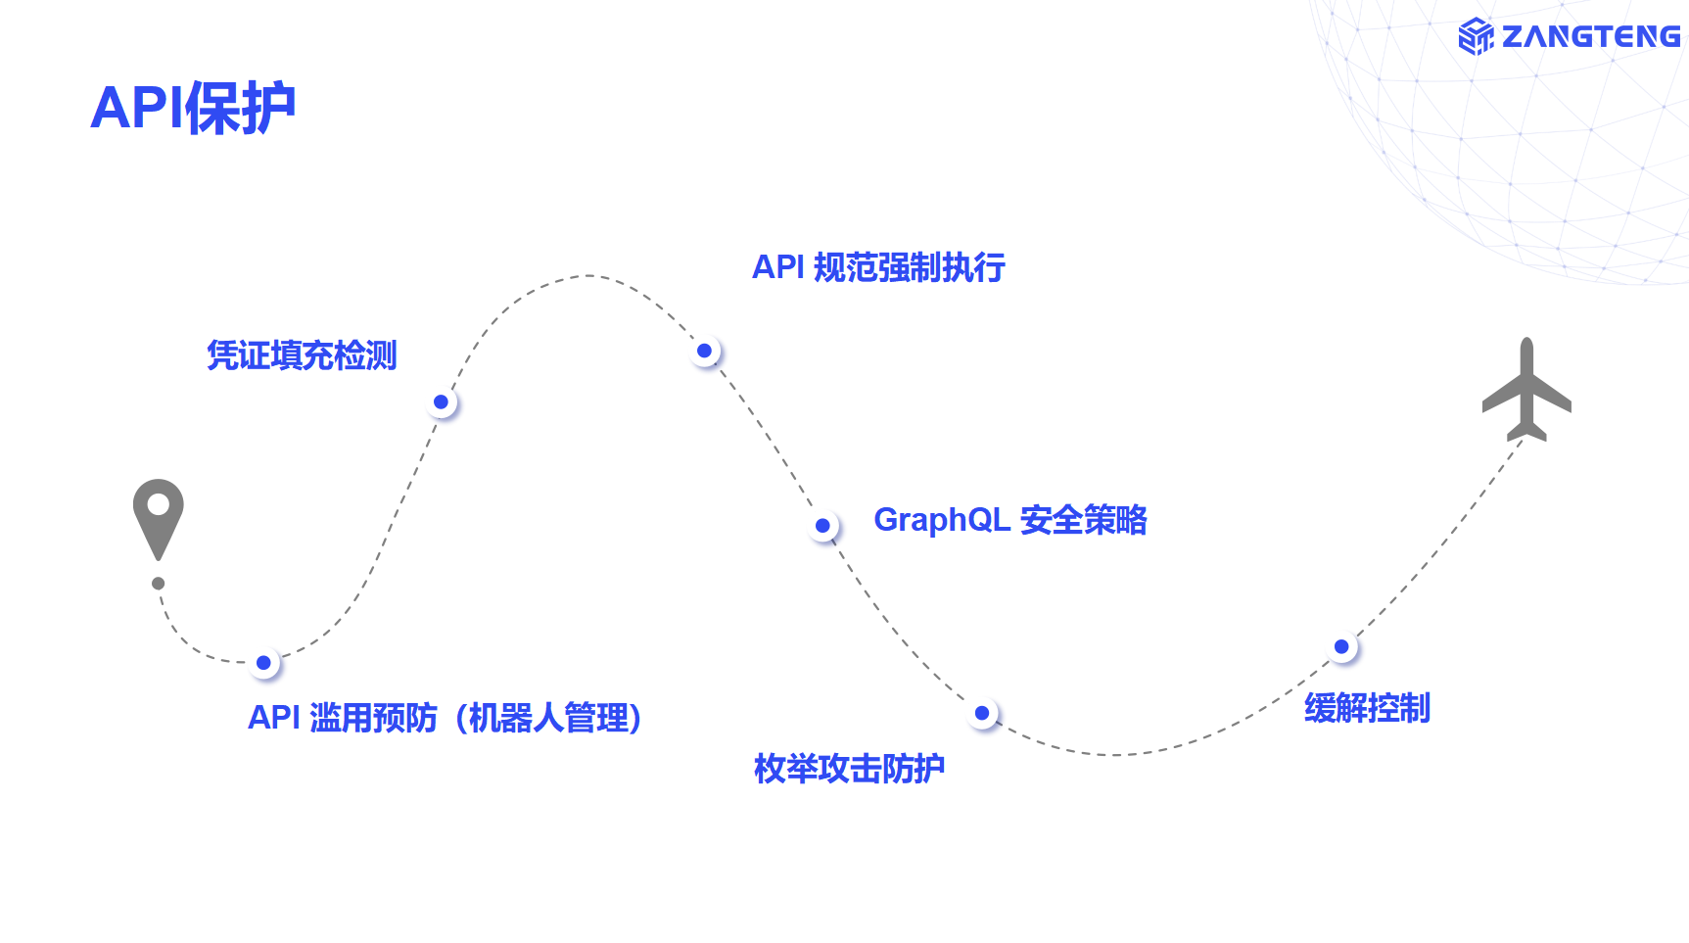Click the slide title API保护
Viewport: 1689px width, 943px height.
coord(193,108)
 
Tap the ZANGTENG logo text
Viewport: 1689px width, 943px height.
coord(1590,37)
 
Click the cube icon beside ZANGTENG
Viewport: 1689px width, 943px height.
coord(1476,37)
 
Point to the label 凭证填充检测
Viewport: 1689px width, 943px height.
coord(302,355)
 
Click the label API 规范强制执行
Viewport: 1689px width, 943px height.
coord(878,267)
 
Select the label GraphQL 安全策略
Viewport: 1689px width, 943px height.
coord(1009,520)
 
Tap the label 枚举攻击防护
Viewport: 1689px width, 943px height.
coord(849,769)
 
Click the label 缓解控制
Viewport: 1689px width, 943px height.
coord(1367,708)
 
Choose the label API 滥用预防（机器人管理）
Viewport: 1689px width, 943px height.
coord(446,718)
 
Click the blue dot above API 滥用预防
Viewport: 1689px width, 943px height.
coord(263,663)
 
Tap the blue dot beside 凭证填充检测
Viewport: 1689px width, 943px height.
coord(442,402)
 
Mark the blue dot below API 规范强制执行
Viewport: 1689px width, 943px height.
coord(705,351)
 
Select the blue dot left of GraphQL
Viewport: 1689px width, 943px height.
coord(823,526)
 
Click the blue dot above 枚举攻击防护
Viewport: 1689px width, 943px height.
coord(982,714)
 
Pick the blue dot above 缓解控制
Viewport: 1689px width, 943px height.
coord(1342,647)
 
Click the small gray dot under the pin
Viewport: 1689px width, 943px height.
coord(159,584)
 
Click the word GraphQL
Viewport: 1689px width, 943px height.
coord(941,520)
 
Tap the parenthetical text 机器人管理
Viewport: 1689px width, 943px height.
coord(548,718)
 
